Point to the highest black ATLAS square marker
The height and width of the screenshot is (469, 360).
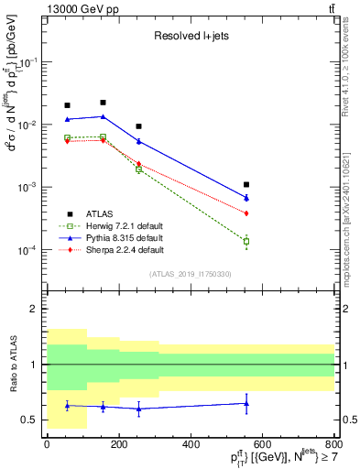[x=103, y=103]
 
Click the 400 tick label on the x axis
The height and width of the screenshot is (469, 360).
[x=191, y=445]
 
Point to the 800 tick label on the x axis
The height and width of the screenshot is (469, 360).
[x=335, y=445]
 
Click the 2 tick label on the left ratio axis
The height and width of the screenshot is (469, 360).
[x=33, y=309]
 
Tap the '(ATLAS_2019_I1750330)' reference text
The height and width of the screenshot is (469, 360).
[x=191, y=274]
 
